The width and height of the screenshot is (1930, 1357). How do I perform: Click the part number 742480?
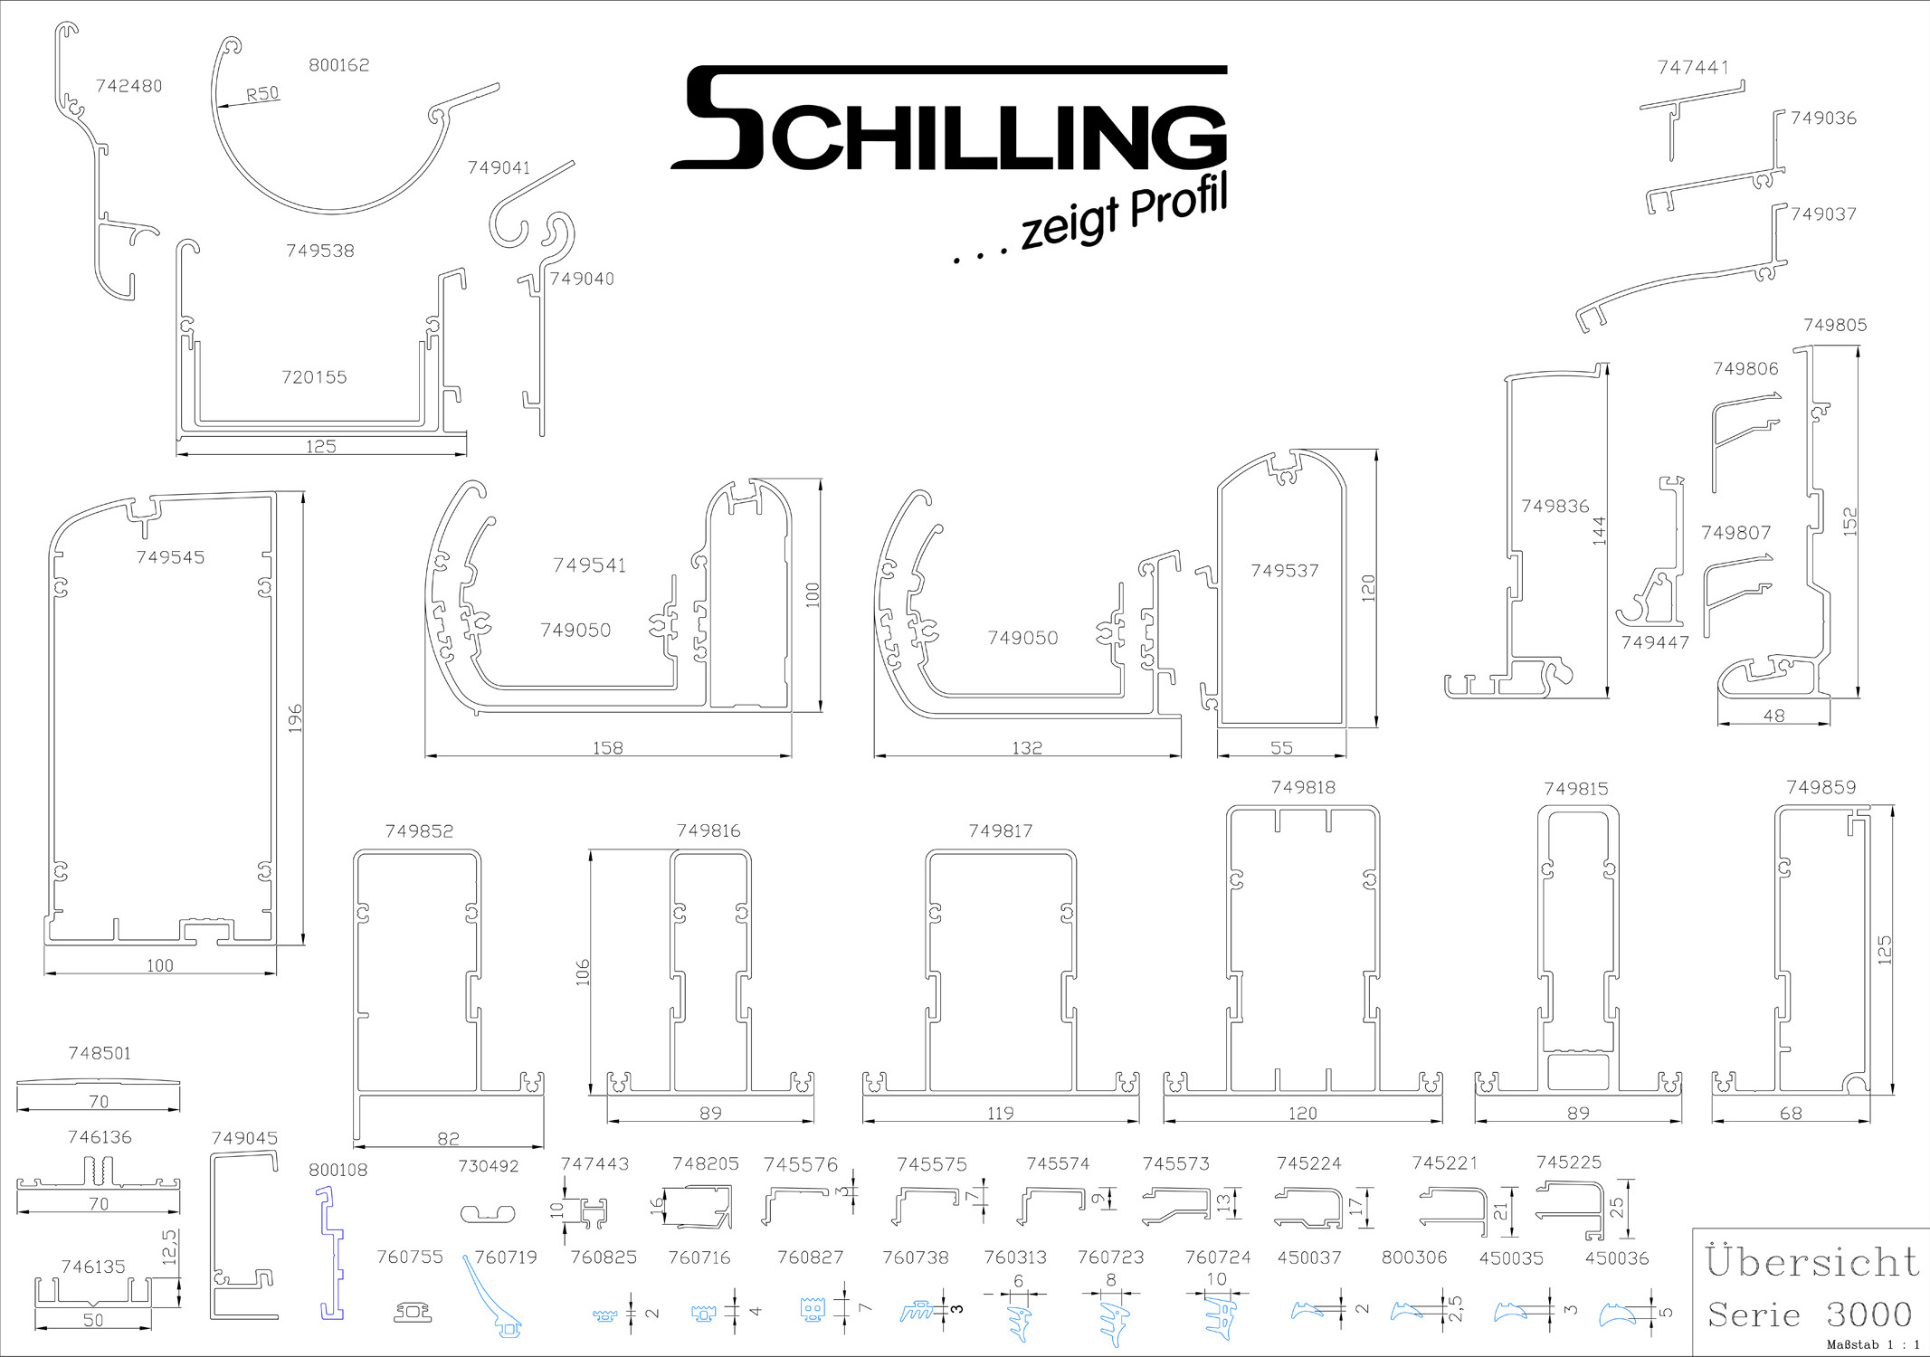pyautogui.click(x=128, y=86)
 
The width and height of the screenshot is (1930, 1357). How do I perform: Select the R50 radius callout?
pyautogui.click(x=262, y=94)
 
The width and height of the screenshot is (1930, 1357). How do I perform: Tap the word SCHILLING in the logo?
pyautogui.click(x=949, y=118)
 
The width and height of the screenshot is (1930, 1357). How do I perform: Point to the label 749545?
pyautogui.click(x=170, y=557)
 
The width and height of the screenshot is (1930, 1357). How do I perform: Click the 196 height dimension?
pyautogui.click(x=295, y=718)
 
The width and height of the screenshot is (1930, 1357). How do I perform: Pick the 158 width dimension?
pyautogui.click(x=608, y=748)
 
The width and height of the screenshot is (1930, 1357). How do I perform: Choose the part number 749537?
pyautogui.click(x=1285, y=571)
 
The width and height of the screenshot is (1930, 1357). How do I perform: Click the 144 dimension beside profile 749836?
pyautogui.click(x=1599, y=530)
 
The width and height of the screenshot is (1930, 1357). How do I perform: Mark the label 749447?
pyautogui.click(x=1655, y=642)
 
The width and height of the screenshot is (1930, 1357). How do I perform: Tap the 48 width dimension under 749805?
pyautogui.click(x=1774, y=716)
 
